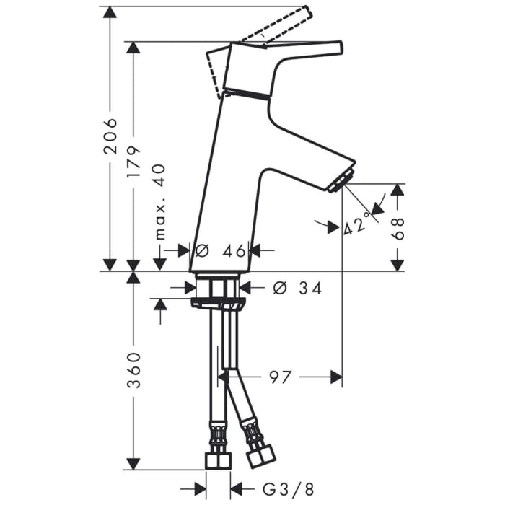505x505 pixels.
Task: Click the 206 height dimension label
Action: (110, 136)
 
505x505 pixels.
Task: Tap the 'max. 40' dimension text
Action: (159, 201)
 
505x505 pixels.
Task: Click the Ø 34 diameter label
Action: (297, 288)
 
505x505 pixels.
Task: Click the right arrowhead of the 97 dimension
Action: (335, 377)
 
